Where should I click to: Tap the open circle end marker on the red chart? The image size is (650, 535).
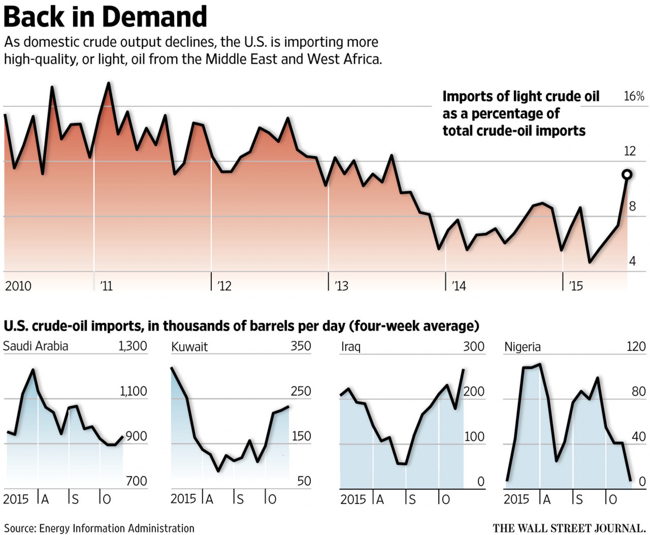627,175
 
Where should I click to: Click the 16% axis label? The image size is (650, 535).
634,96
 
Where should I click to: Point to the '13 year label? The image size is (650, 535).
341,286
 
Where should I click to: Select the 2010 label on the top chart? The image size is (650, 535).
18,286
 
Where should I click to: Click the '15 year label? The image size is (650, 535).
576,286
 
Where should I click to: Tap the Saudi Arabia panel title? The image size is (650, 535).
35,346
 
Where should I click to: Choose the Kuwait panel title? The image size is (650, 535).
189,347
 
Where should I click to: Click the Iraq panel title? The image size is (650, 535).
351,347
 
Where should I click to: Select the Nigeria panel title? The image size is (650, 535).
522,347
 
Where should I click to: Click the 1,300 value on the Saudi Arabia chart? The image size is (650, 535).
133,346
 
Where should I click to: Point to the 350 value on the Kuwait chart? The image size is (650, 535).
301,346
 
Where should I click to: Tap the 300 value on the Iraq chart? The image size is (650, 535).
474,347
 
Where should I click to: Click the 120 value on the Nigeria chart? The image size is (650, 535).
636,347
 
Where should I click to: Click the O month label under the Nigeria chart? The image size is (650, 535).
613,499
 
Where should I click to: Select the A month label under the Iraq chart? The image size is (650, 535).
380,499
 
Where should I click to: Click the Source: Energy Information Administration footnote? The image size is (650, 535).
99,528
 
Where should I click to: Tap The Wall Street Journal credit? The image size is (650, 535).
569,528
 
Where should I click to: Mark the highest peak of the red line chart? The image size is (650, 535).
108,83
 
